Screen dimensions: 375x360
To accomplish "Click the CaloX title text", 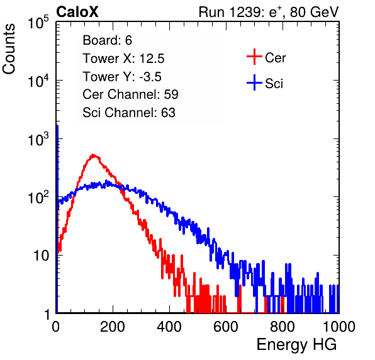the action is [x=77, y=12].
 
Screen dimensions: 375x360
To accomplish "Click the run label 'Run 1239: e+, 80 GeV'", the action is [x=269, y=12].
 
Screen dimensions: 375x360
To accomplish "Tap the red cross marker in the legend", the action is [x=254, y=57].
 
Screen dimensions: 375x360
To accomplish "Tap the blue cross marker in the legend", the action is [x=254, y=82].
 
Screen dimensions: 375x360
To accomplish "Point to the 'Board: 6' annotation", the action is [x=107, y=40].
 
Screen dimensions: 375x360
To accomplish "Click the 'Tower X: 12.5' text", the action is [x=123, y=59].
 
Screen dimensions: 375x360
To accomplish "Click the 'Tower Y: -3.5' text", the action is [x=122, y=77].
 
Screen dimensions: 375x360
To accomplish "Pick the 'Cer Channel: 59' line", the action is [x=130, y=94].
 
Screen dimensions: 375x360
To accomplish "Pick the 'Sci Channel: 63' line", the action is [x=129, y=113].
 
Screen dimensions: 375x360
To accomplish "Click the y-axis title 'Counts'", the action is [x=9, y=49].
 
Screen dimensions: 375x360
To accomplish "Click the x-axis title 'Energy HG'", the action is [x=296, y=345].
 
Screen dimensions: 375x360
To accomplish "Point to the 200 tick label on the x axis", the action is [x=113, y=327].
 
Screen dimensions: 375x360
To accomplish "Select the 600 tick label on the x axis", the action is [x=226, y=327].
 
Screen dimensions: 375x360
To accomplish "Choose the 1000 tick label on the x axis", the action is [x=339, y=327].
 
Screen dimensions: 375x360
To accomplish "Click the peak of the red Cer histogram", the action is [x=93, y=155].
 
